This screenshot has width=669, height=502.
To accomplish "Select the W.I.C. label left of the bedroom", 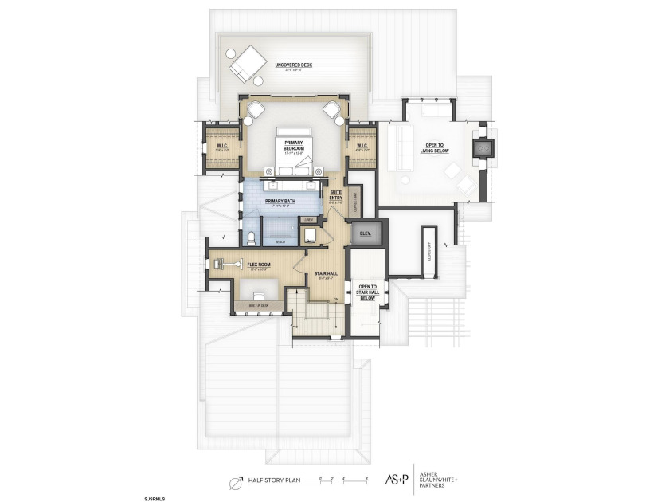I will (222, 147).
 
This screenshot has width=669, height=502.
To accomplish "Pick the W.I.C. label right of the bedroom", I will (360, 146).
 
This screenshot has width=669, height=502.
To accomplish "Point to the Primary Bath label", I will (280, 202).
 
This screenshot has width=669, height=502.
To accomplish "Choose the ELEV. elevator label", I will (366, 233).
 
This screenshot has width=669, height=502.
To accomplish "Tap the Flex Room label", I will (260, 264).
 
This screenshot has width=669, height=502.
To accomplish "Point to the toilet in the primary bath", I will (251, 237).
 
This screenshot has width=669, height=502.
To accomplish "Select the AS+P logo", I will (395, 478).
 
